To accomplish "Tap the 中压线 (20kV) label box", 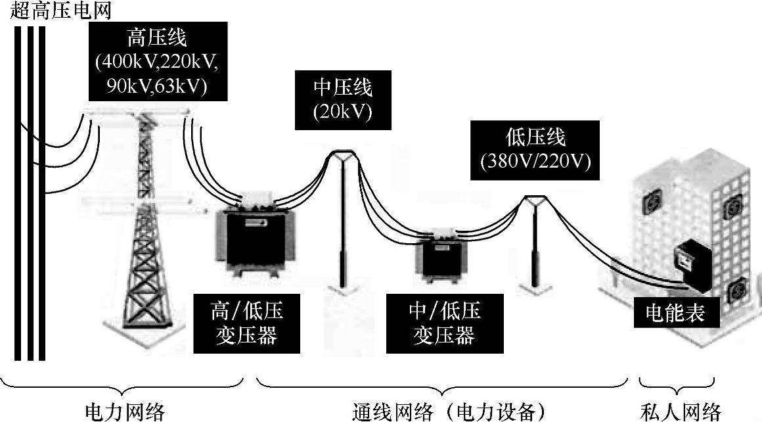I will pyautogui.click(x=342, y=99).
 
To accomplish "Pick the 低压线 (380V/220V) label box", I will pyautogui.click(x=535, y=149).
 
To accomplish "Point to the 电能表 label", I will pyautogui.click(x=676, y=313).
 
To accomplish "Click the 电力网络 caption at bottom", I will pyautogui.click(x=125, y=411).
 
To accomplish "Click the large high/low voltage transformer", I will pyautogui.click(x=251, y=237).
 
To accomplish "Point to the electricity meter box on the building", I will pyautogui.click(x=694, y=266).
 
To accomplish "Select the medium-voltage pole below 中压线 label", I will pyautogui.click(x=343, y=223).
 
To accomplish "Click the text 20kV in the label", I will pyautogui.click(x=342, y=112).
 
